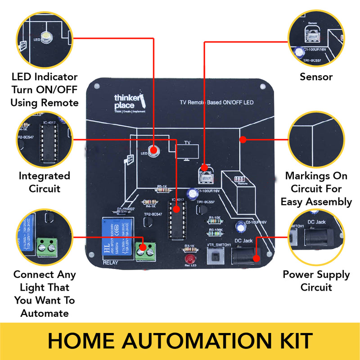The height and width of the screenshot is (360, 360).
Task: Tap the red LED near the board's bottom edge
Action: pos(189,260)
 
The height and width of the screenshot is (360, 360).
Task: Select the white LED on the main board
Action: pos(153,152)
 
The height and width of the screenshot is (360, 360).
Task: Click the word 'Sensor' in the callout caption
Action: pos(316,77)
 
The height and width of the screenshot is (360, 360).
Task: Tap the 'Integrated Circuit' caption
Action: pos(44,182)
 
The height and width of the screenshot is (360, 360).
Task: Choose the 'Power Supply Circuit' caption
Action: pos(316,281)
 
